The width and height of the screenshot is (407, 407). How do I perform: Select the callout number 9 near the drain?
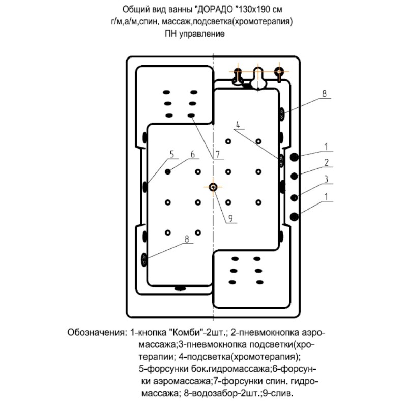click(x=230, y=219)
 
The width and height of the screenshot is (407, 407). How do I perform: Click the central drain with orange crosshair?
click(x=213, y=187)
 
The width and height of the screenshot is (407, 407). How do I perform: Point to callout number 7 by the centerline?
click(x=218, y=154)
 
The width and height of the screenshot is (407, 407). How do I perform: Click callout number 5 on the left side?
click(x=172, y=154)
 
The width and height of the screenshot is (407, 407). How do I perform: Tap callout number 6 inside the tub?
click(x=193, y=154)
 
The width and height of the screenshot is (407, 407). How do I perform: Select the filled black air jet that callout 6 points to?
click(x=168, y=171)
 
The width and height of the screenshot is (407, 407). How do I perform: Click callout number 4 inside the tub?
click(x=238, y=125)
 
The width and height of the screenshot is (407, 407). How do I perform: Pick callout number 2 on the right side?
click(x=326, y=162)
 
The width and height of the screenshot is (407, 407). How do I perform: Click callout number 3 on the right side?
click(x=326, y=179)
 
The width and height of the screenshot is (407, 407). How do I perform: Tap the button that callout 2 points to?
click(x=294, y=176)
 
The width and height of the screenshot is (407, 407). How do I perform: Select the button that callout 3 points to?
click(x=294, y=198)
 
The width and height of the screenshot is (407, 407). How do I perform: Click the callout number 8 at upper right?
click(x=324, y=94)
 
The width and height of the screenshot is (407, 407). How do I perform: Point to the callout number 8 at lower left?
click(x=187, y=239)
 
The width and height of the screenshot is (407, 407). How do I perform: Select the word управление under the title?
click(x=200, y=34)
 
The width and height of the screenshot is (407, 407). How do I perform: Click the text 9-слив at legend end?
click(x=278, y=393)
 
